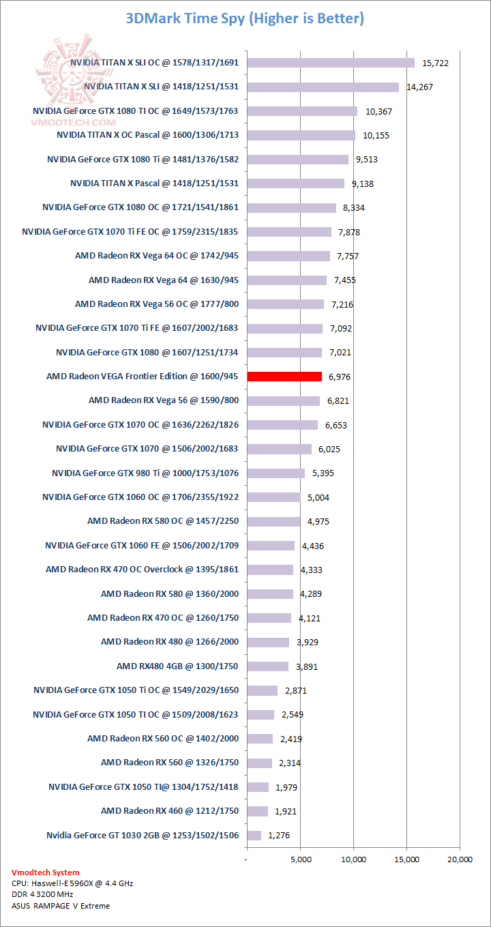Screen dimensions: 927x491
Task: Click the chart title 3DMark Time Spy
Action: [245, 18]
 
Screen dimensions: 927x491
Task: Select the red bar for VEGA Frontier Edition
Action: [284, 377]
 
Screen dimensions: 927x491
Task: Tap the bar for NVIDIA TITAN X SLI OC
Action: [331, 63]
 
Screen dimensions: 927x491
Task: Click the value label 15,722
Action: [436, 63]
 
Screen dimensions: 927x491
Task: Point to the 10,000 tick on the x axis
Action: [353, 859]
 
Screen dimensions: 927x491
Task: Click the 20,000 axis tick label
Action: [459, 859]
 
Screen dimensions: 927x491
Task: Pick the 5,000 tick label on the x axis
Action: [300, 859]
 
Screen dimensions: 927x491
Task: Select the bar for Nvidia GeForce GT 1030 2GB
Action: [254, 835]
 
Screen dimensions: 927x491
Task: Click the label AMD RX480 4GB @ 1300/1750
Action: [177, 666]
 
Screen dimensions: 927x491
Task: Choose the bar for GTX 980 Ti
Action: [276, 473]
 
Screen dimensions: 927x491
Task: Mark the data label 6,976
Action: [340, 377]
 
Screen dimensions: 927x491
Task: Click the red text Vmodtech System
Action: [46, 872]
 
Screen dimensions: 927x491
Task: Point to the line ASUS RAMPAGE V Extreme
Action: [61, 906]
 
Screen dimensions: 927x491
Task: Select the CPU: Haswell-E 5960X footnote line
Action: [72, 883]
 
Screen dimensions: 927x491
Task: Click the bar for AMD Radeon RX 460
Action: [257, 811]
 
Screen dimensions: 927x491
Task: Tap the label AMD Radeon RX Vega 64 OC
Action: [157, 256]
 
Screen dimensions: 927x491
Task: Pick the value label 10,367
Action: [378, 111]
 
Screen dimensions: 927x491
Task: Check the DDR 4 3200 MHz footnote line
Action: [42, 894]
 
